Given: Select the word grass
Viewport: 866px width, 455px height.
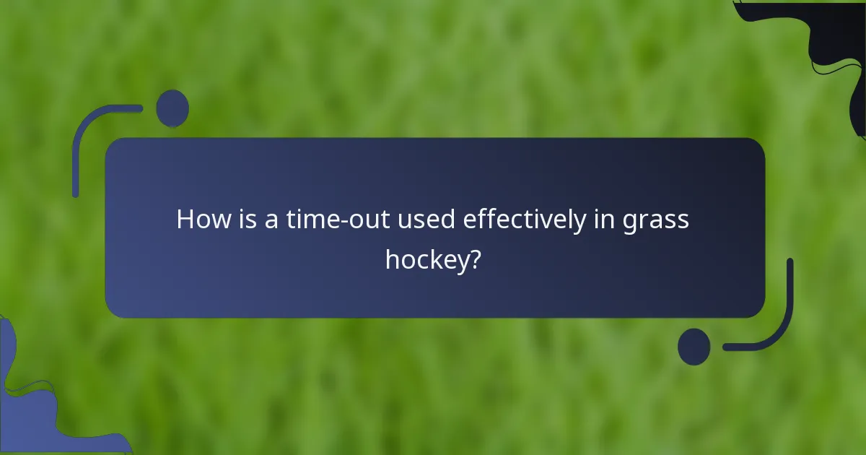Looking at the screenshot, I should (x=657, y=221).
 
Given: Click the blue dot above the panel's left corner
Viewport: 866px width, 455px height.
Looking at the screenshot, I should (x=172, y=108).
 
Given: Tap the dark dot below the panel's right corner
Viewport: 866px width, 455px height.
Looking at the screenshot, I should (x=694, y=347).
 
